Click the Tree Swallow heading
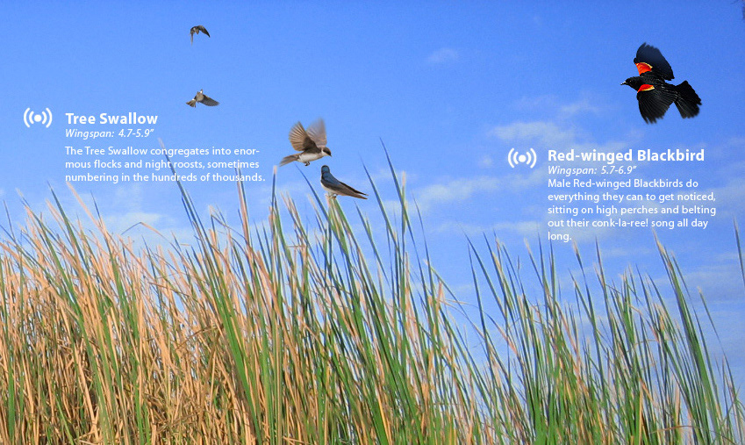(111, 118)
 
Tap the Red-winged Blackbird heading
(626, 155)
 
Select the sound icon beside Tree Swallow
(38, 118)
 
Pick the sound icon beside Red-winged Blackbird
(522, 158)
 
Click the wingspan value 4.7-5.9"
(136, 133)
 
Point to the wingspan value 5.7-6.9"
(619, 170)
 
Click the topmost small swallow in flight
(199, 32)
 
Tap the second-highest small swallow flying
(203, 99)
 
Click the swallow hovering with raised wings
(307, 143)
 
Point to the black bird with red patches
(661, 84)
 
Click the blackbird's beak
(623, 83)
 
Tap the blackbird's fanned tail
(687, 99)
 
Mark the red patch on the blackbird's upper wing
(643, 67)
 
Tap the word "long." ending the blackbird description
(560, 236)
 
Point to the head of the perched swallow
(325, 169)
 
